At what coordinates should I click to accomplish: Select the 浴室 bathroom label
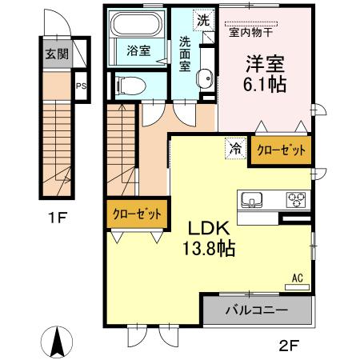click(138, 50)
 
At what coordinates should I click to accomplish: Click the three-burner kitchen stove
click(295, 199)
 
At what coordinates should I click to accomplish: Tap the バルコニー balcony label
click(257, 310)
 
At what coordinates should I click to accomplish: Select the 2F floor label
click(289, 346)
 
